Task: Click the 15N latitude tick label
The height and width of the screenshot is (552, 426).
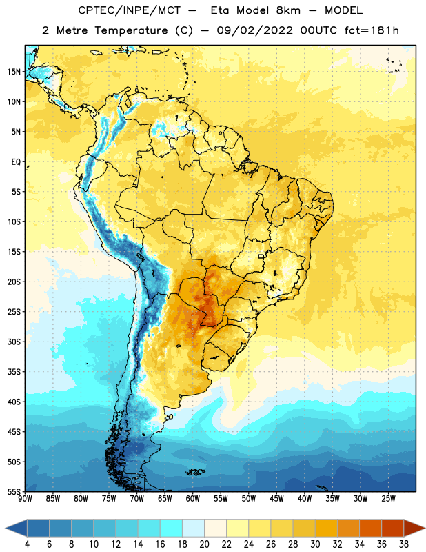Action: point(14,72)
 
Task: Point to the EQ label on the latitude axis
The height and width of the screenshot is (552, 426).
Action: point(16,162)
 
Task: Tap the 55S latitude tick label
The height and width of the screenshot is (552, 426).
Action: point(14,492)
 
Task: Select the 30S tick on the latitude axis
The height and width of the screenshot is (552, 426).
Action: point(14,342)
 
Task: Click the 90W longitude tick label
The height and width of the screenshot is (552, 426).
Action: point(25,499)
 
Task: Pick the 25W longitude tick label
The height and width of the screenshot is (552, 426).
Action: point(388,499)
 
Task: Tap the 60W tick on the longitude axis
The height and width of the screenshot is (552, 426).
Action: point(193,499)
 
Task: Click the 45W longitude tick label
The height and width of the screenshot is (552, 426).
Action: point(276,499)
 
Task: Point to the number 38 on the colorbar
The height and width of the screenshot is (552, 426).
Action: point(404,544)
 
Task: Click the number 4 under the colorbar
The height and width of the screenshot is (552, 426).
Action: point(27,544)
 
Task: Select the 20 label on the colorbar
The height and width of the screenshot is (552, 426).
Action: point(204,544)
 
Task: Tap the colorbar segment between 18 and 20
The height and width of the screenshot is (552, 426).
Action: point(193,529)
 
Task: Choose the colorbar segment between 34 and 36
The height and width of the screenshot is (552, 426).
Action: point(370,529)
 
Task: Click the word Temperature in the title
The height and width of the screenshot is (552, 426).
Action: point(131,30)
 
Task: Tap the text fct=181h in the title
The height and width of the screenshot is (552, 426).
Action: point(372,30)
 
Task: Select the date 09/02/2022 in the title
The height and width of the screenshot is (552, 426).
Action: point(254,30)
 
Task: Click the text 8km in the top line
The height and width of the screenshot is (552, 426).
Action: point(288,10)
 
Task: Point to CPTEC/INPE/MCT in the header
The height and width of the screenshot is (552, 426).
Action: point(129,10)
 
